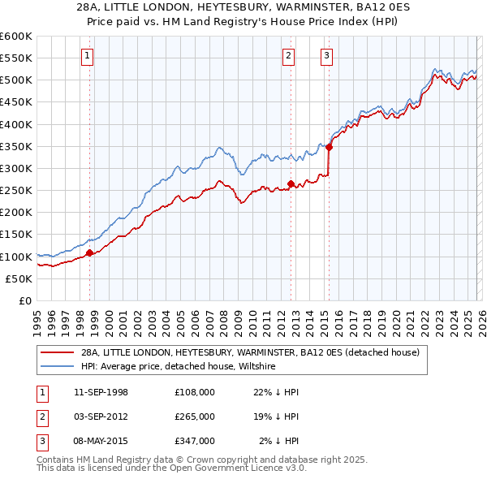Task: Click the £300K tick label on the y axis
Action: tap(16, 168)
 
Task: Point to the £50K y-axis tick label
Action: tap(19, 278)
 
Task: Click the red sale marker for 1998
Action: tap(89, 253)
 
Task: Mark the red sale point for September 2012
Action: tap(291, 184)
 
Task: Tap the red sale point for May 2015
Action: tap(329, 148)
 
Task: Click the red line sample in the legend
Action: tap(57, 352)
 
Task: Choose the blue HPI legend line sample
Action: tap(57, 366)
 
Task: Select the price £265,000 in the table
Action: tap(195, 416)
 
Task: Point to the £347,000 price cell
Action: tap(195, 441)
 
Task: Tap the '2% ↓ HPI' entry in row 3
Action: tap(278, 441)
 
